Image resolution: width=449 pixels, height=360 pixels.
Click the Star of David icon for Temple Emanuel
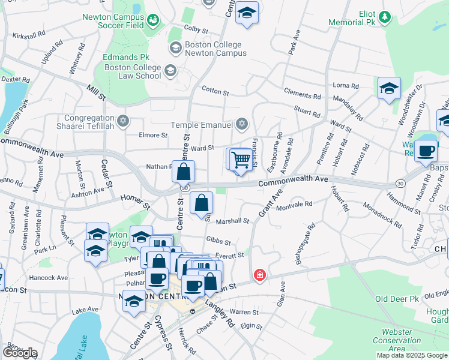pos(241,124)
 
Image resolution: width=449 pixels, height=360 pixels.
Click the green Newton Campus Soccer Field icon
pos(154,22)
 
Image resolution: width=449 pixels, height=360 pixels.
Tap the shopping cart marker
pos(241,160)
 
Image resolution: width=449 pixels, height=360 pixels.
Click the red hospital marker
pos(259,275)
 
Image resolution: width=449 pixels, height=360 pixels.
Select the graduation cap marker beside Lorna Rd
pos(389,89)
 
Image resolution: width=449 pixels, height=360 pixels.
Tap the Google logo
pos(20,352)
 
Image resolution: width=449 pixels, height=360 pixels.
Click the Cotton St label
pos(215,92)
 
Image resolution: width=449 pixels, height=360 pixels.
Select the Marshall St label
pos(232,221)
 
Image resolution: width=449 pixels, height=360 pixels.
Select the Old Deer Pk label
pos(397,298)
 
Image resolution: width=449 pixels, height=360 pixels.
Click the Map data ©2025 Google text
pos(412,355)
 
